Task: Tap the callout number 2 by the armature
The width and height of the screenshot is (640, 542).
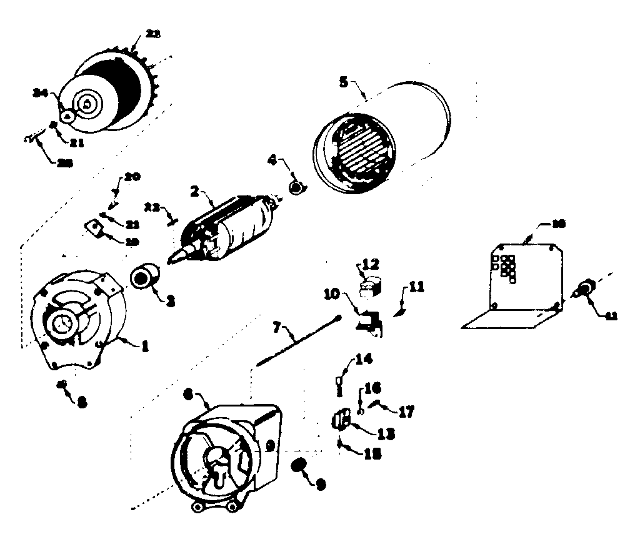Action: pyautogui.click(x=194, y=192)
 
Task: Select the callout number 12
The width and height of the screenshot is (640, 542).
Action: pyautogui.click(x=371, y=265)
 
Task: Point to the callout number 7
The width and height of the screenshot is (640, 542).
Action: pyautogui.click(x=277, y=326)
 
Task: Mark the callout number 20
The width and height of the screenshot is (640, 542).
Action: pyautogui.click(x=132, y=177)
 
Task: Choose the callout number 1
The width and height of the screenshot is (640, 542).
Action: pyautogui.click(x=144, y=345)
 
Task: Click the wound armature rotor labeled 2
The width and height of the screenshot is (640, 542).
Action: pyautogui.click(x=231, y=228)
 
